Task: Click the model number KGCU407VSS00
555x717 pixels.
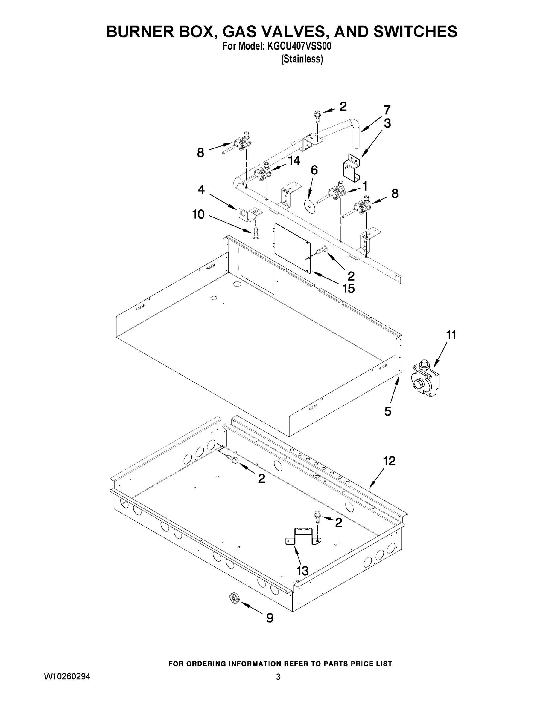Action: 299,46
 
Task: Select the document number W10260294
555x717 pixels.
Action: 67,677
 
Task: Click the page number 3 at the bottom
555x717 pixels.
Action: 278,677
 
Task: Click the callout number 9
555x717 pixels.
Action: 270,618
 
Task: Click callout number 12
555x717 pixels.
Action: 389,461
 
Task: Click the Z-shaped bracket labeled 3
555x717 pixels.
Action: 352,167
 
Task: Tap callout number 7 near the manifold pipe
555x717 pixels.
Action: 387,110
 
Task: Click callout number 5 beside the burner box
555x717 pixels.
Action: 388,411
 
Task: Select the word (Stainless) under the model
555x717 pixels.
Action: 302,59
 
